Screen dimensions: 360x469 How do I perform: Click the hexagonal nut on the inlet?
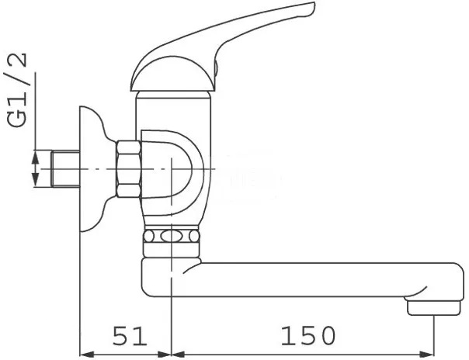tap(126, 168)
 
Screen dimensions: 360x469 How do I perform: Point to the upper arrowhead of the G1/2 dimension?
tap(33, 157)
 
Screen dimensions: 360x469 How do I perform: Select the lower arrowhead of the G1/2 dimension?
tap(33, 181)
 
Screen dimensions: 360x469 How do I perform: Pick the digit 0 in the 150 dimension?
tap(327, 335)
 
